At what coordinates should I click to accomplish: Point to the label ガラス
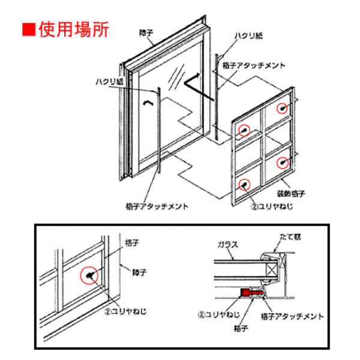227,245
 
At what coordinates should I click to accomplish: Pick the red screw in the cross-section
246,293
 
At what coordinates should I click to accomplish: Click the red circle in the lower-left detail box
89,275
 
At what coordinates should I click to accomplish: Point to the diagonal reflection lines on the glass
177,77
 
